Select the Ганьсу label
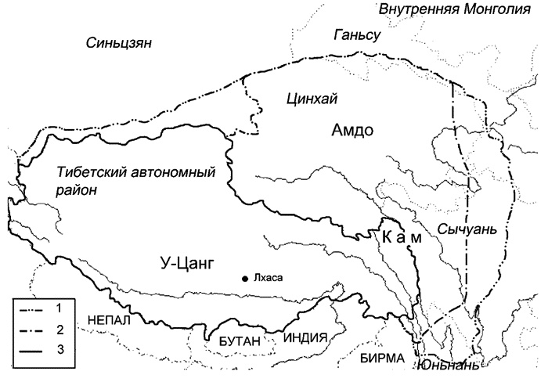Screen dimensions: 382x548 point(356,35)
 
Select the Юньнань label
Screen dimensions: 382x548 point(446,366)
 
